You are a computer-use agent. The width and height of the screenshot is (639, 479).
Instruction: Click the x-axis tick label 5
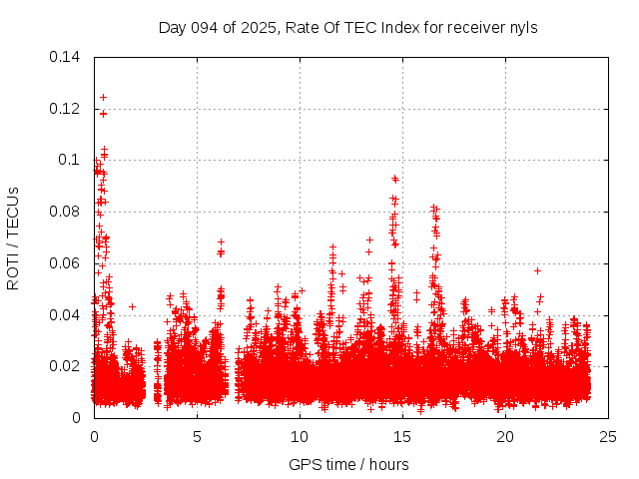coord(197,436)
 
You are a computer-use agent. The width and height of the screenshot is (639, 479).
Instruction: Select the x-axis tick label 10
coord(300,436)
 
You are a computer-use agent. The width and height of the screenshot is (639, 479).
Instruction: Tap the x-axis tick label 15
coord(402,436)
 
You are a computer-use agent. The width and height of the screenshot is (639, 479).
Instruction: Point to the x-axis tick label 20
coord(505,436)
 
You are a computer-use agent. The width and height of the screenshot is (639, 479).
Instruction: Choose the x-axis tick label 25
coord(608,436)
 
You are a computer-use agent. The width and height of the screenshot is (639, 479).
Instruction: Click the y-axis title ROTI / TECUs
coord(13,238)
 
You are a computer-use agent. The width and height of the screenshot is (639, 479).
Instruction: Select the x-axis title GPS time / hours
coord(348,464)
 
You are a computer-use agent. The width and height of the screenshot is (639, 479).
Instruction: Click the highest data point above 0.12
coord(103,97)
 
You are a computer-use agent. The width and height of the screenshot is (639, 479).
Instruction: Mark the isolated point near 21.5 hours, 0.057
coord(537,270)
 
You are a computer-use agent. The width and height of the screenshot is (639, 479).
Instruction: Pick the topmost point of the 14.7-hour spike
coord(395,179)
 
